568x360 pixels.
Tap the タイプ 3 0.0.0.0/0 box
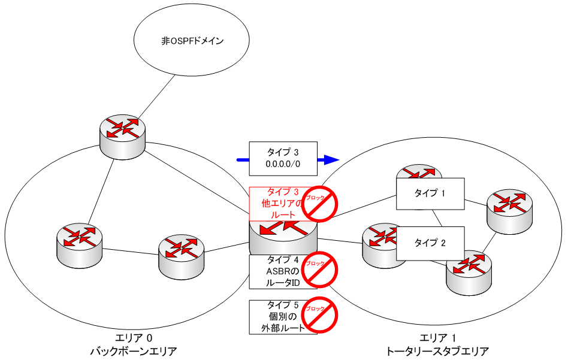pyautogui.click(x=282, y=158)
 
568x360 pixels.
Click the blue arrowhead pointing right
pyautogui.click(x=328, y=160)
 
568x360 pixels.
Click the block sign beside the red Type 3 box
pyautogui.click(x=320, y=204)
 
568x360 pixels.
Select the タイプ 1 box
pyautogui.click(x=430, y=193)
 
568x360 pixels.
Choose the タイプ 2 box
pyautogui.click(x=430, y=243)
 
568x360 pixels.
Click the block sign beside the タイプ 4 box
pyautogui.click(x=320, y=270)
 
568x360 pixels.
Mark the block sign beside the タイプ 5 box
pyautogui.click(x=320, y=316)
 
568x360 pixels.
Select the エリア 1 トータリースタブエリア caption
pyautogui.click(x=437, y=344)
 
